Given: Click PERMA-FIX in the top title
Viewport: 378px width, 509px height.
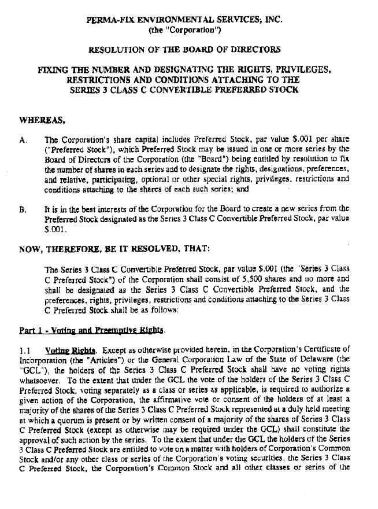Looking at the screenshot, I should coord(109,19).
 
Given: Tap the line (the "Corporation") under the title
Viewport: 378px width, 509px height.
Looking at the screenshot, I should coord(184,29).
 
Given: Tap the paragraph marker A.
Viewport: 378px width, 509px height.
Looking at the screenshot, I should coord(23,139).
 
